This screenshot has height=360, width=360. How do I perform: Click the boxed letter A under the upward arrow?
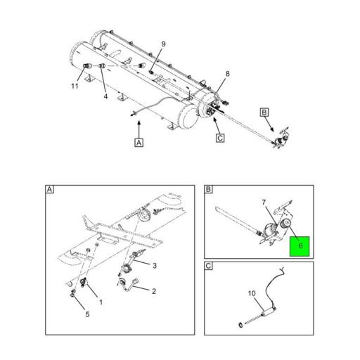(x=139, y=143)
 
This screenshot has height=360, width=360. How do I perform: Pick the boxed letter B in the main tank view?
(x=264, y=112)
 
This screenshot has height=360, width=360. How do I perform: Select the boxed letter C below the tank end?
(x=219, y=139)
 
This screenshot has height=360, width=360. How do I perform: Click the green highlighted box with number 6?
(x=300, y=247)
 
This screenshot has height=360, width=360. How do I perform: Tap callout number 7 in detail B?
(x=263, y=202)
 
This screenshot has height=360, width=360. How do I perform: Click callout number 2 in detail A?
(x=153, y=291)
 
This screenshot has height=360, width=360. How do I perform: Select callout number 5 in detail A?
(x=87, y=315)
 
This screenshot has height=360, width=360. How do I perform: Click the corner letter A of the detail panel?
(x=50, y=190)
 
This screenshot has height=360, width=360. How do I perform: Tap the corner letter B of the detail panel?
(x=209, y=190)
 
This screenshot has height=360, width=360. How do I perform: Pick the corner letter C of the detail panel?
(x=209, y=266)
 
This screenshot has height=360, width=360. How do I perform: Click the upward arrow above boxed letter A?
(x=139, y=127)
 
